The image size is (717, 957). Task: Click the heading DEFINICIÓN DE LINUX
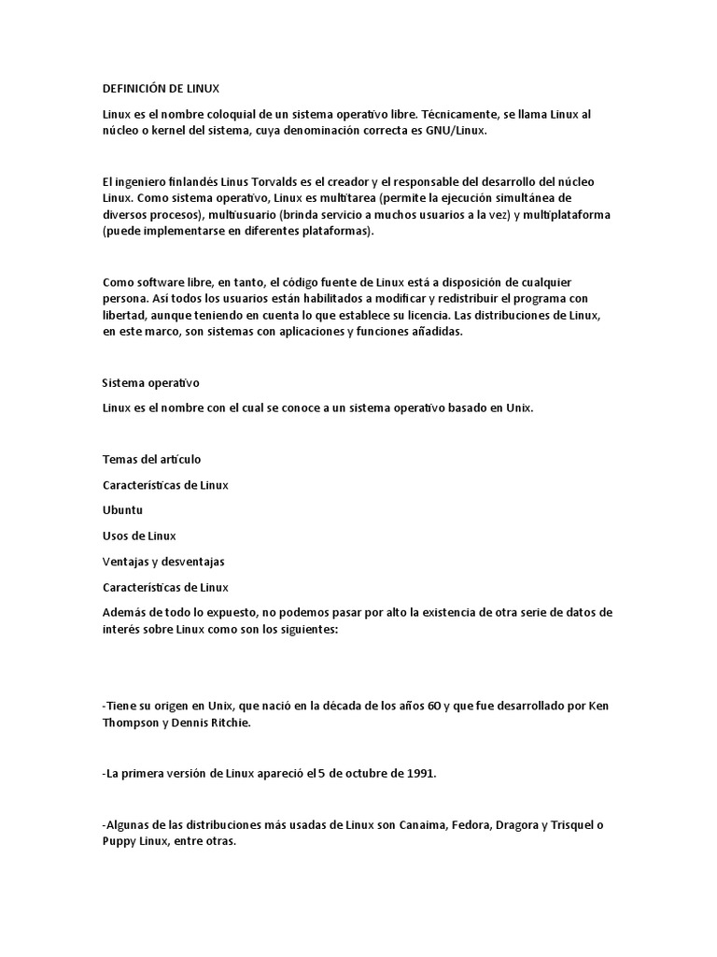(x=161, y=89)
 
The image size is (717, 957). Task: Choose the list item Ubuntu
(x=123, y=511)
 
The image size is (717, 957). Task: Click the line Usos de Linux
(x=139, y=536)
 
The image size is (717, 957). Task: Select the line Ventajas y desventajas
(x=163, y=562)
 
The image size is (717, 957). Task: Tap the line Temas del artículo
(x=151, y=460)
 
